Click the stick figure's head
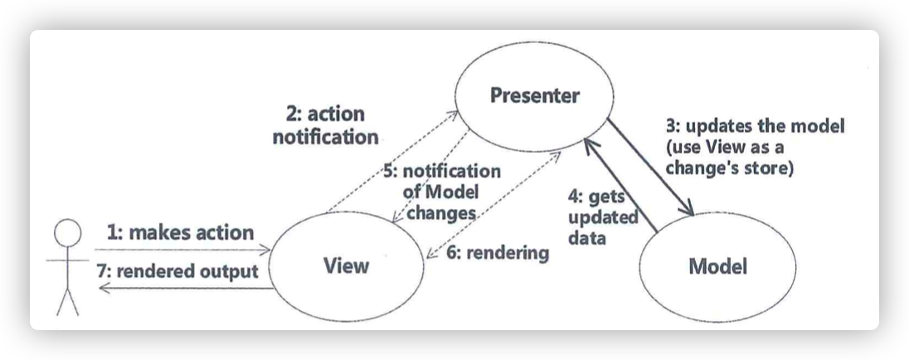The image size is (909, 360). (67, 233)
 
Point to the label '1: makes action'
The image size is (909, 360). (181, 232)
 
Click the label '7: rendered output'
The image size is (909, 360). (177, 270)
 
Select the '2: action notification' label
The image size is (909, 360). (326, 125)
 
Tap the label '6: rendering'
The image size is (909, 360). (498, 253)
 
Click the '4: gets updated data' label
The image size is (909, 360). (603, 217)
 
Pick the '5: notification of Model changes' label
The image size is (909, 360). (444, 192)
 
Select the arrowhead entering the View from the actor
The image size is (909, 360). (265, 250)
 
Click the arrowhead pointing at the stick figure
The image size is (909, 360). (105, 287)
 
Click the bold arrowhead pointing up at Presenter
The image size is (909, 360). (591, 145)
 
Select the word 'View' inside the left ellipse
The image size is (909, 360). (346, 266)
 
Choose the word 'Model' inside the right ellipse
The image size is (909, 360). (717, 266)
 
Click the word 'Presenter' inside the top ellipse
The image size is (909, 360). (534, 95)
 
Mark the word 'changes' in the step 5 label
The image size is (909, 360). (441, 212)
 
